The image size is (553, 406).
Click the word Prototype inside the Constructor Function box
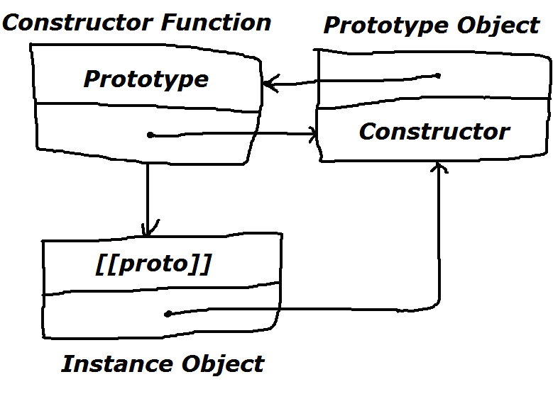(x=146, y=79)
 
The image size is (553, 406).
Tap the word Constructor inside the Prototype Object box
(x=434, y=131)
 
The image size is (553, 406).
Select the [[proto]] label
(x=153, y=264)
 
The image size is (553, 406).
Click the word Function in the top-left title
(x=215, y=22)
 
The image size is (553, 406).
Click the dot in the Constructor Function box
(x=150, y=135)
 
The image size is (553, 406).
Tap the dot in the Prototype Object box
(x=438, y=75)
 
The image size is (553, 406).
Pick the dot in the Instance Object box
(x=168, y=313)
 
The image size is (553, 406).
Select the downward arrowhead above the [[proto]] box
(x=148, y=230)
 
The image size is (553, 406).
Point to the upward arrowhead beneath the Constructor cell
(x=440, y=167)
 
